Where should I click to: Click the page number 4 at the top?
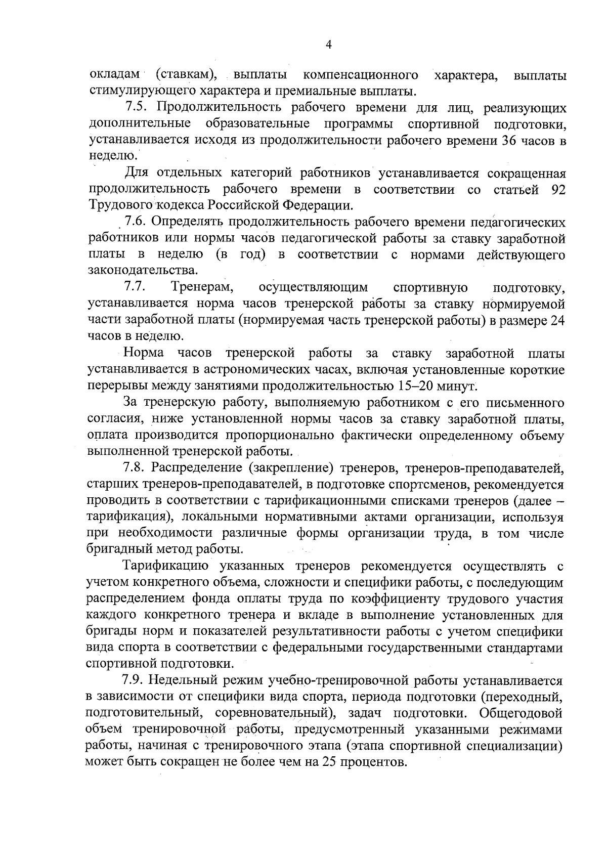tap(328, 46)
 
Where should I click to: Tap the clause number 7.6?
tap(136, 222)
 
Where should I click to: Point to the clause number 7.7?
tap(135, 287)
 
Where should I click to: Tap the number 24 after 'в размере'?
tap(556, 320)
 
